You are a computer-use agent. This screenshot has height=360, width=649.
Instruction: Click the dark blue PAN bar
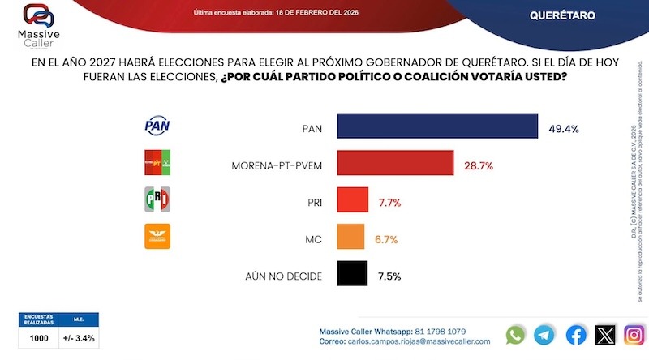tap(438, 127)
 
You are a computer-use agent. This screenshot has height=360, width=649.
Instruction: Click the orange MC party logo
tap(158, 236)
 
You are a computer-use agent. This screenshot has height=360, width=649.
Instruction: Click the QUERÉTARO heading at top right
tap(562, 16)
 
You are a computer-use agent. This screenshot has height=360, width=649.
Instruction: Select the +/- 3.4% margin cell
tap(80, 336)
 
